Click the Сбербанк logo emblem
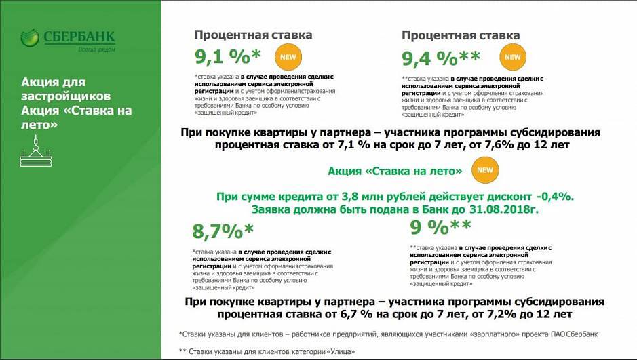pos(30,38)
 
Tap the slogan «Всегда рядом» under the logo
pos(97,49)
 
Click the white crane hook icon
pos(36,151)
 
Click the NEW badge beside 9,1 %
pos(288,57)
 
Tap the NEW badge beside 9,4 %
pos(513,57)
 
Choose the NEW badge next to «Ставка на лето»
pos(485,170)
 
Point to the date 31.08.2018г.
pos(505,210)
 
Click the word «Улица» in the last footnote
pos(341,351)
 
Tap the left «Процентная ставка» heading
pos(253,35)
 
